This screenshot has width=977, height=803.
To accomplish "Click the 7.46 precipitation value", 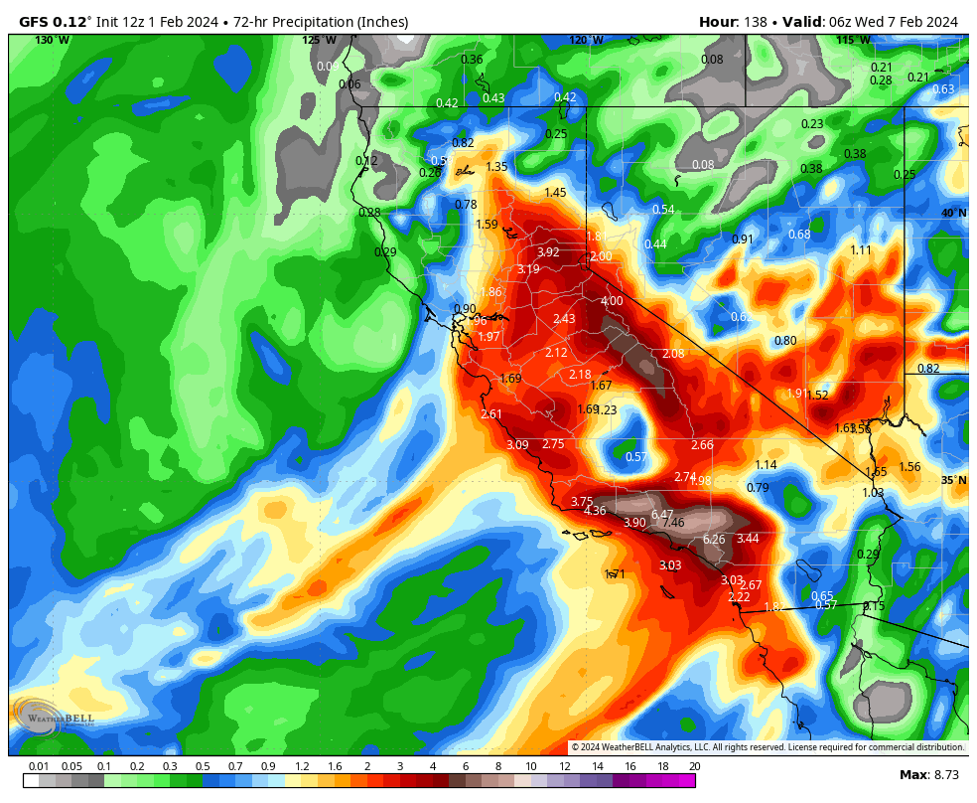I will [673, 523].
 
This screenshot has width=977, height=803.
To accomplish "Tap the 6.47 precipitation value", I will [662, 514].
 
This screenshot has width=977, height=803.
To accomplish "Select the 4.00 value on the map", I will [612, 301].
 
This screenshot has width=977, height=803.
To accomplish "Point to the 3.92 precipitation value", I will [548, 252].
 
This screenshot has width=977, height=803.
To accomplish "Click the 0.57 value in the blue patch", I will [636, 457].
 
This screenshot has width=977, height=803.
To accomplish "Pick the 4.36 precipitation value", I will [595, 511].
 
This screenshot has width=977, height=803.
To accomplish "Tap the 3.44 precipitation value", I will [748, 539].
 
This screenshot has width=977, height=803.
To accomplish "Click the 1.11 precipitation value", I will [861, 250].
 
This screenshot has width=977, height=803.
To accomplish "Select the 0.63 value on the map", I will [943, 89].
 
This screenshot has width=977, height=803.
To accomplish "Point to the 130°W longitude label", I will [52, 40].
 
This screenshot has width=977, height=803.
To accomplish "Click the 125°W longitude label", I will [319, 40].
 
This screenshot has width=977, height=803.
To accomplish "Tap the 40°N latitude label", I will [954, 214].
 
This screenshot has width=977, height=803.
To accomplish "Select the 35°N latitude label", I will [954, 481].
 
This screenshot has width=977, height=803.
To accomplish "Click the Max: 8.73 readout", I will [928, 774].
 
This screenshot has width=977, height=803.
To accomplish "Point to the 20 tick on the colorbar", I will [693, 766].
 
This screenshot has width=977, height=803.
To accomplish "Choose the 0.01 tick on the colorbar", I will [39, 766].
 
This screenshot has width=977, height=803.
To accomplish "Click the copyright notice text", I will [768, 747].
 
